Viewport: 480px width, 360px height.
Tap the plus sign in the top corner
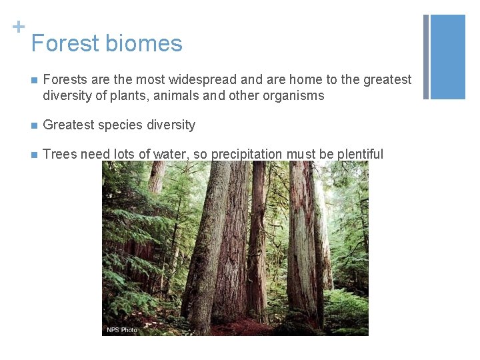tap(19, 27)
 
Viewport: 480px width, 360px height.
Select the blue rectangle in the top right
tap(448, 57)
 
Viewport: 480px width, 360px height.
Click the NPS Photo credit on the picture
tap(121, 330)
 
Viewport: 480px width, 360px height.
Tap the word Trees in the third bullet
tap(59, 155)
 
